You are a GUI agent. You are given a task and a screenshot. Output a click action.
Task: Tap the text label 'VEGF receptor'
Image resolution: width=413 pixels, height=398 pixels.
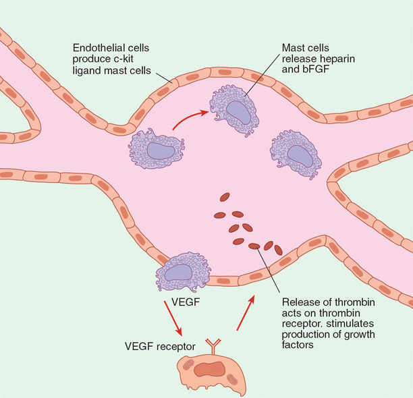[x=161, y=346]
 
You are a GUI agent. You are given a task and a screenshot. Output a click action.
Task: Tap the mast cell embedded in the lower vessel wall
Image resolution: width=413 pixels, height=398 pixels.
[x=180, y=272]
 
